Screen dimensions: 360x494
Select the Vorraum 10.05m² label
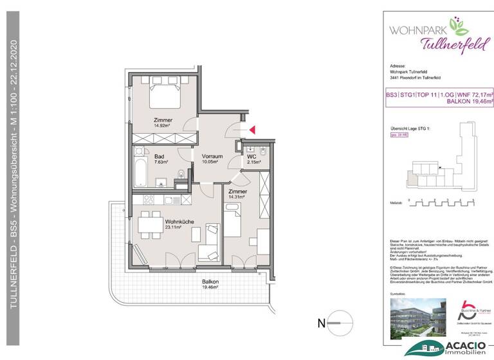tap(212, 159)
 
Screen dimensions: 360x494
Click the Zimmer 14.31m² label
tap(238, 195)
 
